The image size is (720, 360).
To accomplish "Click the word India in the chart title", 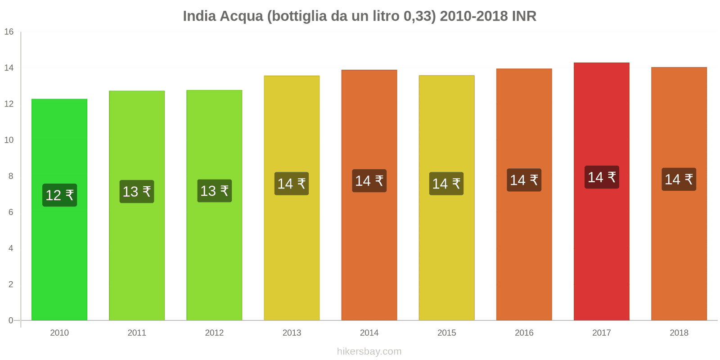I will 199,16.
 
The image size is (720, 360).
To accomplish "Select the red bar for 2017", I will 601,252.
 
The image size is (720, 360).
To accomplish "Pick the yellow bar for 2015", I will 446,252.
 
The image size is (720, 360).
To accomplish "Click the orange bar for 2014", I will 369,252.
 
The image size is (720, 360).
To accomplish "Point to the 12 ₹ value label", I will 59,195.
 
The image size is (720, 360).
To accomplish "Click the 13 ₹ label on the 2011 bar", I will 137,192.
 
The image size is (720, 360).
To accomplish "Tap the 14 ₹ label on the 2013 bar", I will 292,184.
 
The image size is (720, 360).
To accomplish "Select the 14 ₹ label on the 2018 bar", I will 679,180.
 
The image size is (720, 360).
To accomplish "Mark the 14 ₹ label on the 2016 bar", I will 524,180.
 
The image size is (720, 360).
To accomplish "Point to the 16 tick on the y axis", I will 9,32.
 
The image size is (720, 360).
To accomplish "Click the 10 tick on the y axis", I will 9,140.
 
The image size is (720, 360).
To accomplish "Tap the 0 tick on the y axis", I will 11,320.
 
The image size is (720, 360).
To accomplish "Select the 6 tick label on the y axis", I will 11,212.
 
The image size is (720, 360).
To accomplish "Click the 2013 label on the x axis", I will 292,333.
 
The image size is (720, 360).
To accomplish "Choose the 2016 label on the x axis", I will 524,333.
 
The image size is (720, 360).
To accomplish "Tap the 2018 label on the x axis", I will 679,333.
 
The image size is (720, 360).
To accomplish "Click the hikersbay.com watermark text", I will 369,351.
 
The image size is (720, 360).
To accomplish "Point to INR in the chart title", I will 524,16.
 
